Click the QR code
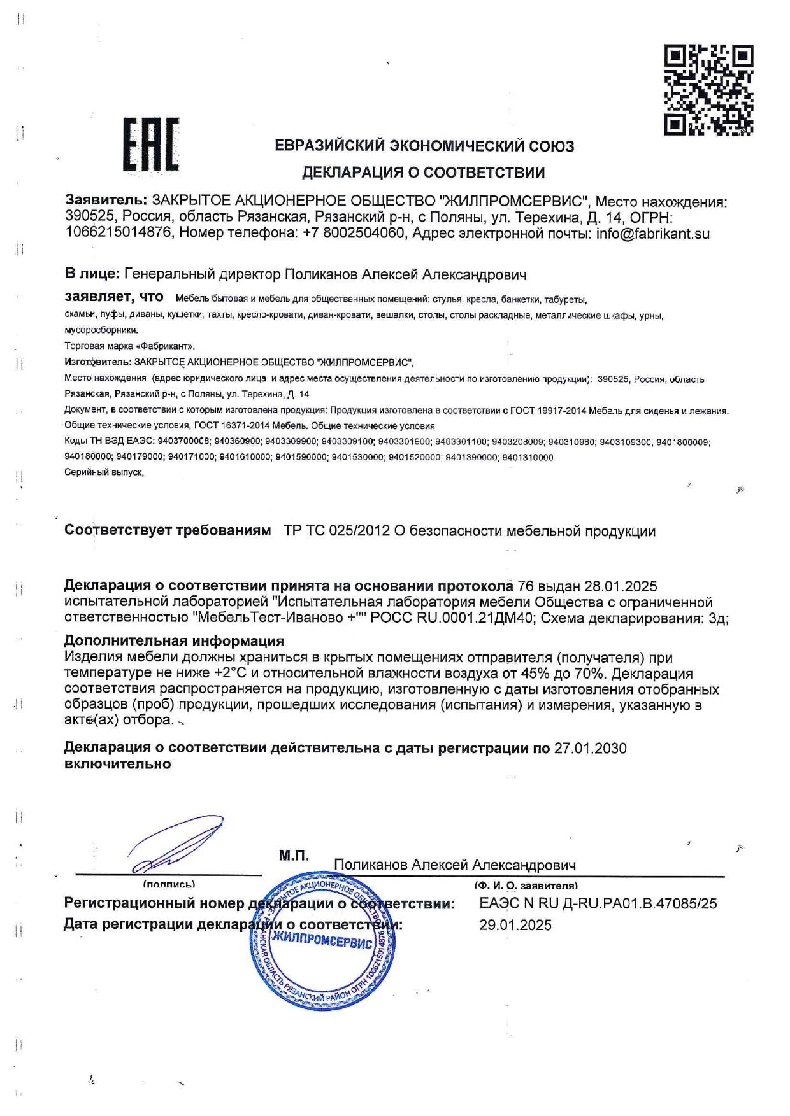(708, 90)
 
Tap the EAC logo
(151, 145)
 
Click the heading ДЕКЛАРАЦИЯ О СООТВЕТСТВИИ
(423, 172)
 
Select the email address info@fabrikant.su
(652, 233)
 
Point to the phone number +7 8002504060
(354, 233)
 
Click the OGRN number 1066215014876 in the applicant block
(118, 233)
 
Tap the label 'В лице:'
(92, 274)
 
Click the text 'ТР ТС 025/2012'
(336, 531)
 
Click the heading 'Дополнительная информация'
(174, 641)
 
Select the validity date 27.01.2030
(590, 748)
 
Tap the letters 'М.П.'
(294, 856)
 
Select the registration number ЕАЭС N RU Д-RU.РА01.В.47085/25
(598, 903)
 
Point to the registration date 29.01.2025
(515, 925)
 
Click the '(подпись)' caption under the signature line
(169, 884)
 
